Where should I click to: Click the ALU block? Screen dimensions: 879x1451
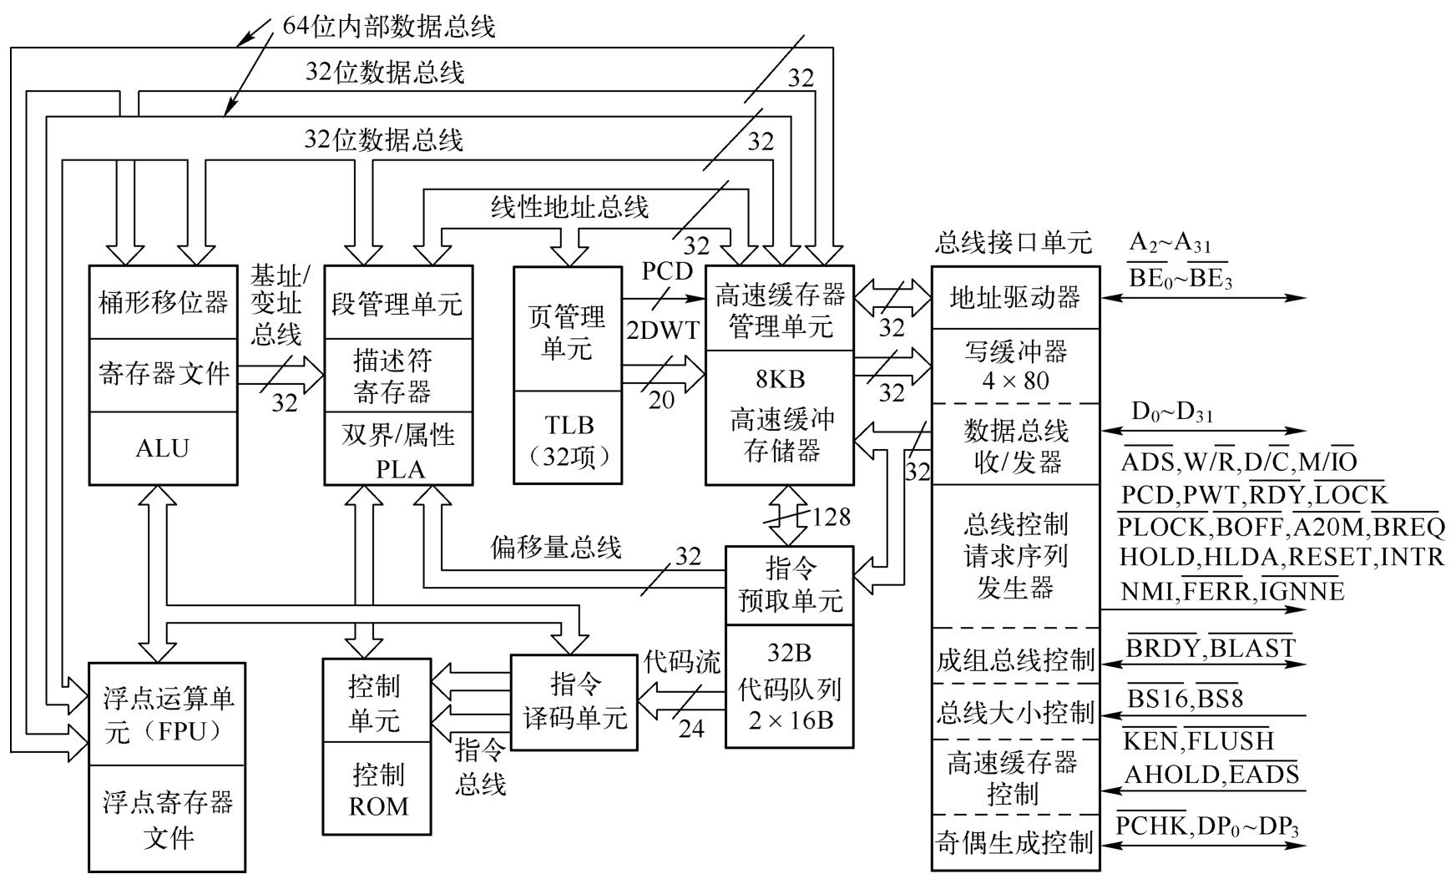(x=163, y=448)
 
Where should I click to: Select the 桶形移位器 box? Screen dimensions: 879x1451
(x=163, y=302)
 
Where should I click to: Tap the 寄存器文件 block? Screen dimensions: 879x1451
(x=163, y=374)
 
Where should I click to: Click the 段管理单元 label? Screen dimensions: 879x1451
(x=397, y=303)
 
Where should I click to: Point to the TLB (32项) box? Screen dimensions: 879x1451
(x=568, y=438)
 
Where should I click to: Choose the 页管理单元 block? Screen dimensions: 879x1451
(x=568, y=331)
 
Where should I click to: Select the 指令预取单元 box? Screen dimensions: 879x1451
(x=790, y=584)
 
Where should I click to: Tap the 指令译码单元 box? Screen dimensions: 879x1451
(x=574, y=701)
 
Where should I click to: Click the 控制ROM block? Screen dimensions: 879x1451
(x=378, y=790)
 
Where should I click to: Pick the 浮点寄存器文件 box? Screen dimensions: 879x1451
(x=167, y=819)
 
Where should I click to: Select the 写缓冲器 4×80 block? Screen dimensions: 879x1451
(x=1015, y=366)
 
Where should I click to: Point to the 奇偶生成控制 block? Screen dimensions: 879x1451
(x=1015, y=843)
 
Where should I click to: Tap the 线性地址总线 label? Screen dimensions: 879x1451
(x=569, y=206)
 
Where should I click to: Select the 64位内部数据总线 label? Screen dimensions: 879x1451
(x=389, y=27)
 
